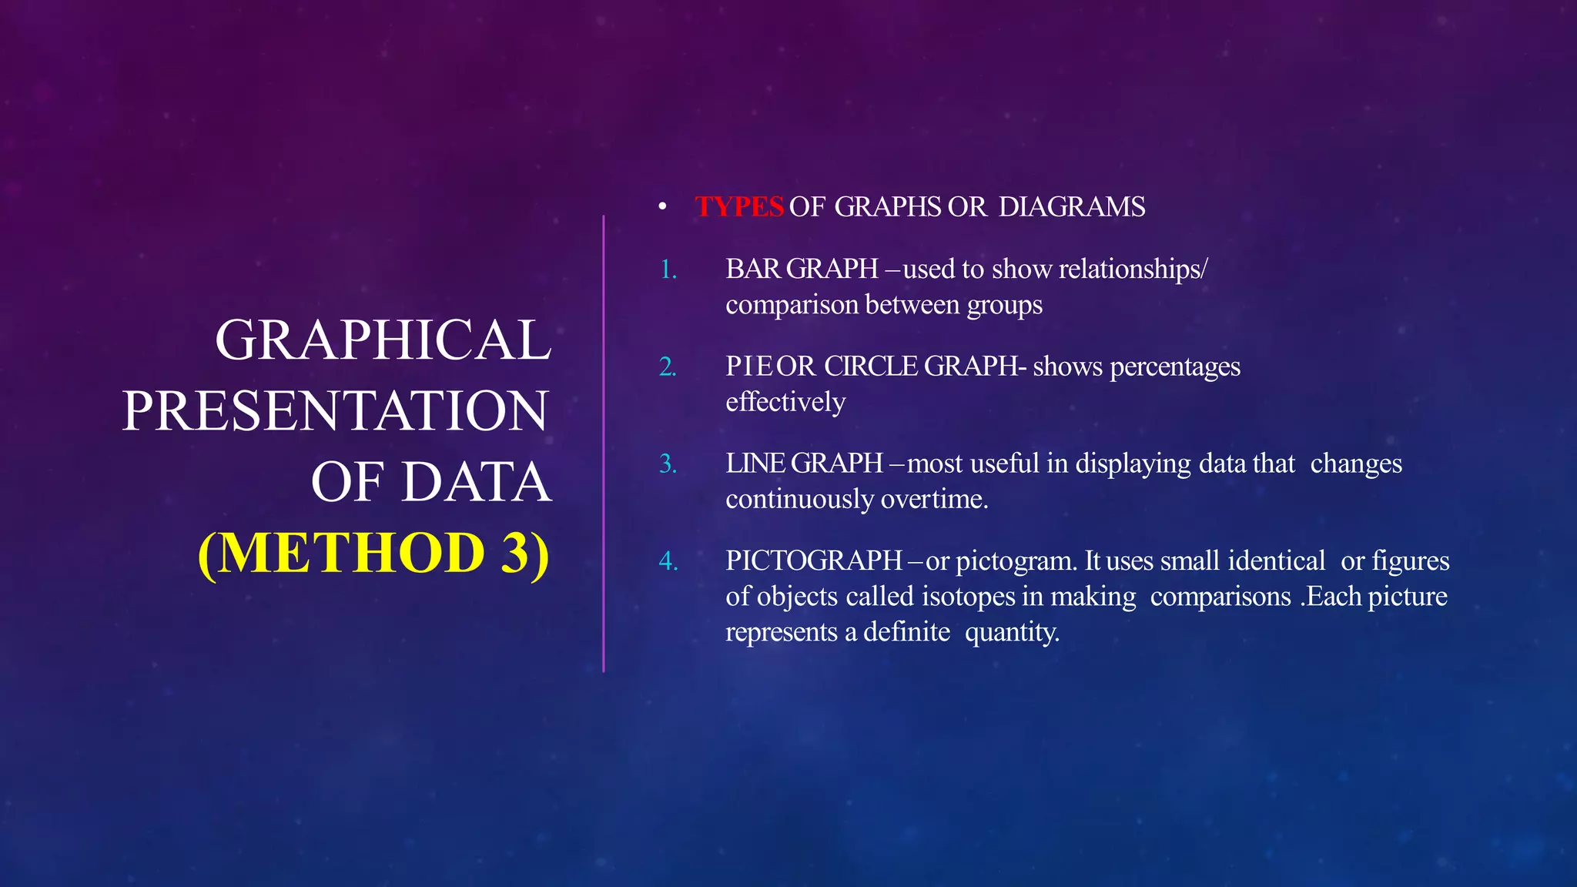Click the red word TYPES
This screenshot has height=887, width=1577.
738,207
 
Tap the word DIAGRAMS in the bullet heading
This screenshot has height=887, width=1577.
1072,207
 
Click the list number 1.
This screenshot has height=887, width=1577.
668,269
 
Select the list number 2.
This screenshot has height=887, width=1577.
668,367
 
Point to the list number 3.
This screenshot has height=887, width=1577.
668,464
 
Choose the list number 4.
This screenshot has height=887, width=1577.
668,561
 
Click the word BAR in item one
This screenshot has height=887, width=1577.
753,269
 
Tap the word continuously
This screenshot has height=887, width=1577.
799,500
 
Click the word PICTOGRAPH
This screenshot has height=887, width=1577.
814,561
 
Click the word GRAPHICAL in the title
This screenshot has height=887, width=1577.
383,340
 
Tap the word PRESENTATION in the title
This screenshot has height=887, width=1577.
336,410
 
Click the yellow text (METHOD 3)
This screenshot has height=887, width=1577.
374,553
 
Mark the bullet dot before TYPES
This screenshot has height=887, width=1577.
662,207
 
